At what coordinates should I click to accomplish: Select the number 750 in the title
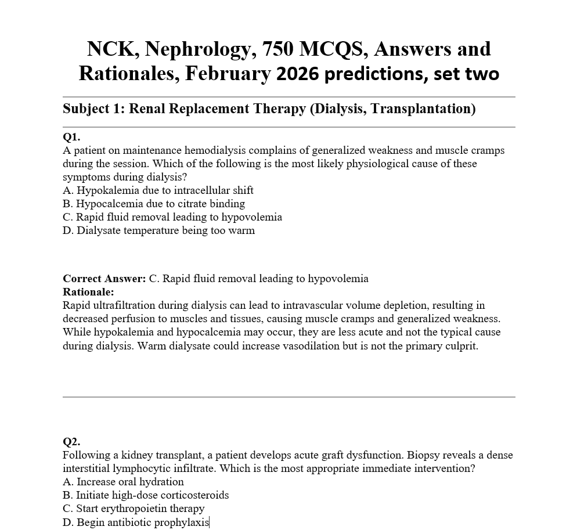click(278, 49)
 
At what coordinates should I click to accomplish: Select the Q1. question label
click(71, 137)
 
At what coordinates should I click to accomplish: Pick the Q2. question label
click(71, 442)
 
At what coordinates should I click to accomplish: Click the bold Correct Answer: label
click(104, 279)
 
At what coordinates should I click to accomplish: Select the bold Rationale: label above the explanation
click(88, 292)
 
